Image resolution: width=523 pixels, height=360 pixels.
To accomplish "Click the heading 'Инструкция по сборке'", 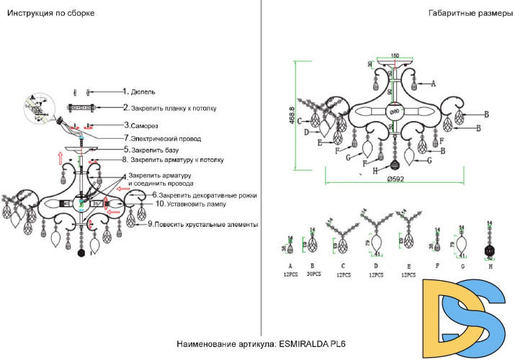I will point(50,13).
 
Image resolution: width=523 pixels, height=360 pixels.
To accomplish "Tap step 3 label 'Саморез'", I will point(143,125).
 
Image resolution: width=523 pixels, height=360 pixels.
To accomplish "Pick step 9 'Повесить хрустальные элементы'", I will point(205,225).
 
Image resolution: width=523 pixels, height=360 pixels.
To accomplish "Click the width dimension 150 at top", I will point(394,55).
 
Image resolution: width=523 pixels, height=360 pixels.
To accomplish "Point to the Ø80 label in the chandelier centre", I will point(395,112).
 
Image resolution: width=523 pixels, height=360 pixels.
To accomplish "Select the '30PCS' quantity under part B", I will point(313,274).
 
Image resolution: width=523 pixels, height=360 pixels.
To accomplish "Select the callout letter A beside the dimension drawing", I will point(433,84).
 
